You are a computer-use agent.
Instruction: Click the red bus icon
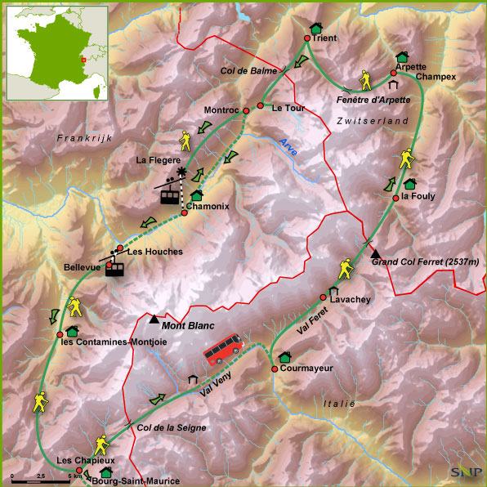[x=225, y=349]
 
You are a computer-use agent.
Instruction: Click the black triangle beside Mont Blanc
[x=154, y=318]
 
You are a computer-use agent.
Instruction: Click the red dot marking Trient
[x=307, y=38]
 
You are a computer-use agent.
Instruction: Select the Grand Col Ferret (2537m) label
[x=425, y=261]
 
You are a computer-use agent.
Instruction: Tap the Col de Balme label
[x=244, y=71]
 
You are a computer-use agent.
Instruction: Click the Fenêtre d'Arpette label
[x=373, y=100]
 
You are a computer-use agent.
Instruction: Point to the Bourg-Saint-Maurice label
[x=136, y=480]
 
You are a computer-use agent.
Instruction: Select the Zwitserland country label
[x=372, y=121]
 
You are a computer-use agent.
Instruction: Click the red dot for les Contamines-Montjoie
[x=60, y=335]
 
